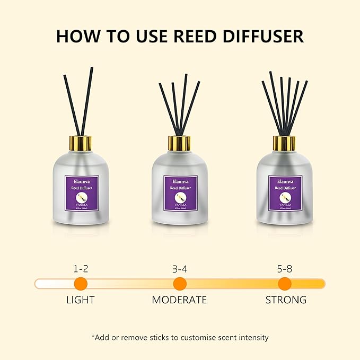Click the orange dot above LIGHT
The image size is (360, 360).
(x=81, y=283)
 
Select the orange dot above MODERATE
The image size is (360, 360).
(x=180, y=283)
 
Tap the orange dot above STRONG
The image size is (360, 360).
(x=285, y=283)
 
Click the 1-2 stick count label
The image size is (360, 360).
(x=81, y=269)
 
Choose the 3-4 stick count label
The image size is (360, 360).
(x=180, y=269)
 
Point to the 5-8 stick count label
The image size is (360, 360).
(x=285, y=269)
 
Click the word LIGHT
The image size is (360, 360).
(x=81, y=300)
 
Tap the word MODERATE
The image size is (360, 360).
(x=179, y=300)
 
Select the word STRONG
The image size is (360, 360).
(x=286, y=300)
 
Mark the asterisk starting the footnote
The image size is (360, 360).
(x=93, y=336)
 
